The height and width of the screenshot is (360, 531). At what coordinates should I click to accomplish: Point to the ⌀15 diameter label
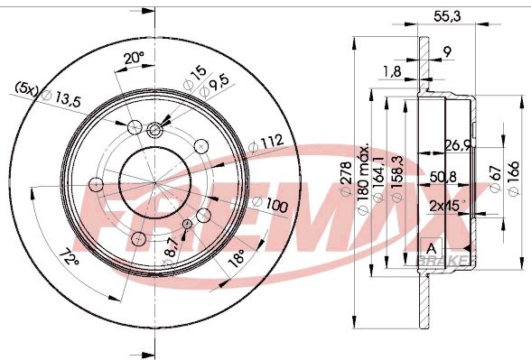pos(192,73)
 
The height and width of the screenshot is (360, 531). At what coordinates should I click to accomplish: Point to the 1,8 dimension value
pos(392,70)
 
